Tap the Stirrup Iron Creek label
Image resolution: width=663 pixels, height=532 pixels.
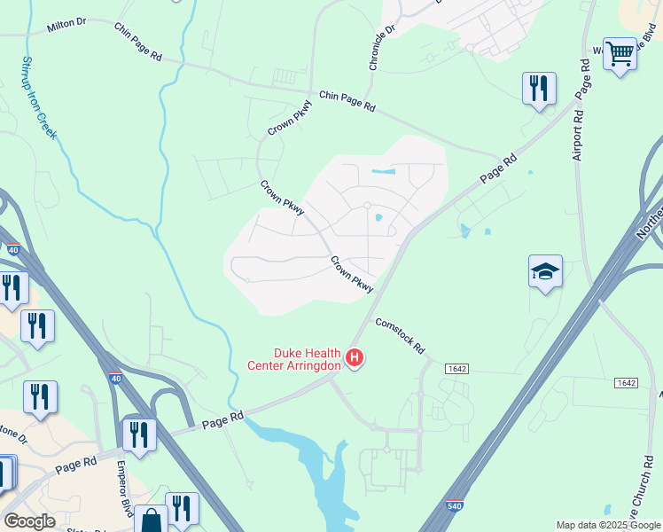coord(37,98)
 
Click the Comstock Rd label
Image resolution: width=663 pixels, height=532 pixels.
coord(400,335)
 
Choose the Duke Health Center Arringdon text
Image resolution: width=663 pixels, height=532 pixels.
coord(294,358)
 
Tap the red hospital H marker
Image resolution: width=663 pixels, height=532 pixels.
coord(355,358)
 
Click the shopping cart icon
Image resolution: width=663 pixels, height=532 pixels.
coord(620,54)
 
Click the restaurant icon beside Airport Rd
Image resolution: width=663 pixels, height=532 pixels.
coord(539,88)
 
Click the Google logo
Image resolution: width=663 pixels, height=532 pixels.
coord(29,521)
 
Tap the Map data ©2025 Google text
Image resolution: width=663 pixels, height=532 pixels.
coord(607,525)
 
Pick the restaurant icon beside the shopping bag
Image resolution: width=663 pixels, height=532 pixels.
coord(182,508)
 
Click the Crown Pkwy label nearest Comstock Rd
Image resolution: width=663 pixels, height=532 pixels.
coord(352,274)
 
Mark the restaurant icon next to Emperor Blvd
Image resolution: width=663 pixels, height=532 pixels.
coord(139,434)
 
